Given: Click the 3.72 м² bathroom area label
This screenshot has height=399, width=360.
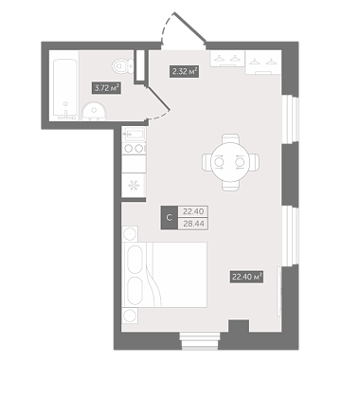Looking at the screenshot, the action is tap(106, 88).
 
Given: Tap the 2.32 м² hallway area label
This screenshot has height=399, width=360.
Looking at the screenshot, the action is tap(184, 71).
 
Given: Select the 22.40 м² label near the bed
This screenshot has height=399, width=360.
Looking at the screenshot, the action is tap(246, 277).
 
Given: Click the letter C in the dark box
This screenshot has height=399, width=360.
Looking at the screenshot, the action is tap(170, 217).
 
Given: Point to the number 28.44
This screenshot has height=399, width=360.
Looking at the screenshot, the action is tap(193, 224).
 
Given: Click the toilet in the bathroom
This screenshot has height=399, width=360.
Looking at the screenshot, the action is tap(123, 66).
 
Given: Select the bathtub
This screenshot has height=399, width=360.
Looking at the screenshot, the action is tap(65, 89).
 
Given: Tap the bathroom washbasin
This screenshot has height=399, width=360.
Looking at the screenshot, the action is tap(94, 111).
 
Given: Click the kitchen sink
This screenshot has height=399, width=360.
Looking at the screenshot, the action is tap(135, 134).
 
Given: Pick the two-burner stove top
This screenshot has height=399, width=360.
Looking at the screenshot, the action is tap(134, 148).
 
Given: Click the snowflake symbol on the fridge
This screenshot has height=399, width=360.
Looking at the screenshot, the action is tap(134, 185).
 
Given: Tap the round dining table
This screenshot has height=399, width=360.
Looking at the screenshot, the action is tap(230, 162).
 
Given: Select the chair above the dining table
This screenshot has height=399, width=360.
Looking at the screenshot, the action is tap(230, 139).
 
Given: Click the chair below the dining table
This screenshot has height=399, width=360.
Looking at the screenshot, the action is tap(230, 186).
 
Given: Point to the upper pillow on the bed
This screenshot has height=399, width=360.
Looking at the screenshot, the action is tap(135, 259).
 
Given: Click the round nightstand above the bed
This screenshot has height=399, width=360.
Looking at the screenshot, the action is tap(130, 234).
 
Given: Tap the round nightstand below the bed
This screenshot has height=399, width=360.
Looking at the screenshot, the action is tap(130, 316).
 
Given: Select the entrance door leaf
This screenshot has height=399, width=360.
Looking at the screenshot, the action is tap(189, 27).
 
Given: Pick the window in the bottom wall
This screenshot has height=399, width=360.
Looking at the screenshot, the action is tap(200, 340).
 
